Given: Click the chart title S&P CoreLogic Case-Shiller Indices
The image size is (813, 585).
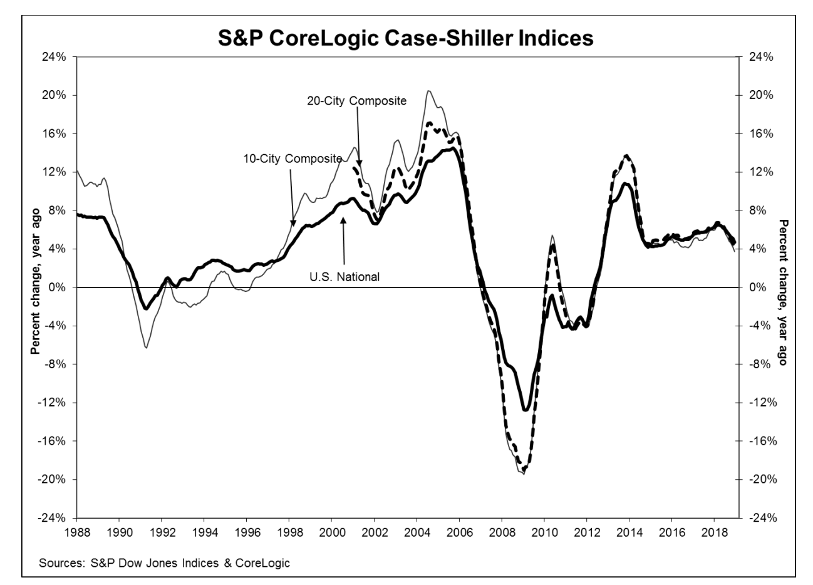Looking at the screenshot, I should coord(406,38).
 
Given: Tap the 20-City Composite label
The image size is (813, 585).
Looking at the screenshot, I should coord(356,100).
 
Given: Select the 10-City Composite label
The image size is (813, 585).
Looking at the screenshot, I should coord(293,158).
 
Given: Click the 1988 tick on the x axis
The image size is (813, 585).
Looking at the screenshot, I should coord(76,532).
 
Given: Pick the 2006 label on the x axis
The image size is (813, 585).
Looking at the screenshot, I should coord(459,532).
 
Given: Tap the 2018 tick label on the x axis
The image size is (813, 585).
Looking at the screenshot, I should coord(714,532).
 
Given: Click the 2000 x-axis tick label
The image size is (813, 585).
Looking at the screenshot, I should coord(331,532).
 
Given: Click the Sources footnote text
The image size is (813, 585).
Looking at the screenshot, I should coord(164,563).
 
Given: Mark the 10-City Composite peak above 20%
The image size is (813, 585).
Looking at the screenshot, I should coord(428,91).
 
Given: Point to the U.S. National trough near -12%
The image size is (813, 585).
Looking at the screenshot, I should coord(525,410).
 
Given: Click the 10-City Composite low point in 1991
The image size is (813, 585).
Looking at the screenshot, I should coord(146,348).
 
